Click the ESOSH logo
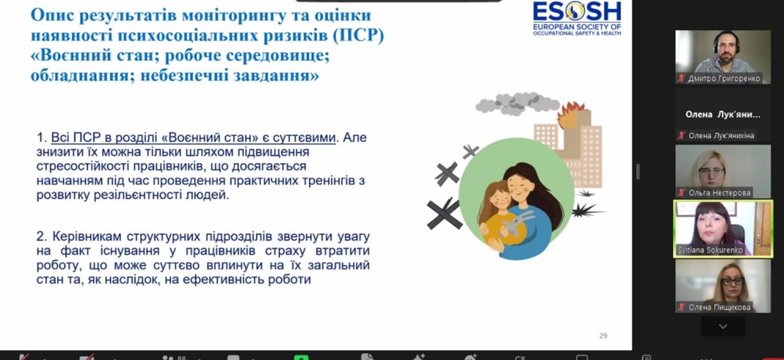coord(577,18)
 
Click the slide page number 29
coord(603,336)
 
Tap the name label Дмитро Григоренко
coord(724,78)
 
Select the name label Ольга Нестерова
coord(719,193)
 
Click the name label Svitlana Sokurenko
coord(710,250)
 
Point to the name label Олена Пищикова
coord(719,307)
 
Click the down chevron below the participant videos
coord(723,327)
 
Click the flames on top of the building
coord(571,114)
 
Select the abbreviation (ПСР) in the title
coord(358,35)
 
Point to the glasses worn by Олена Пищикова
coord(732,281)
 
